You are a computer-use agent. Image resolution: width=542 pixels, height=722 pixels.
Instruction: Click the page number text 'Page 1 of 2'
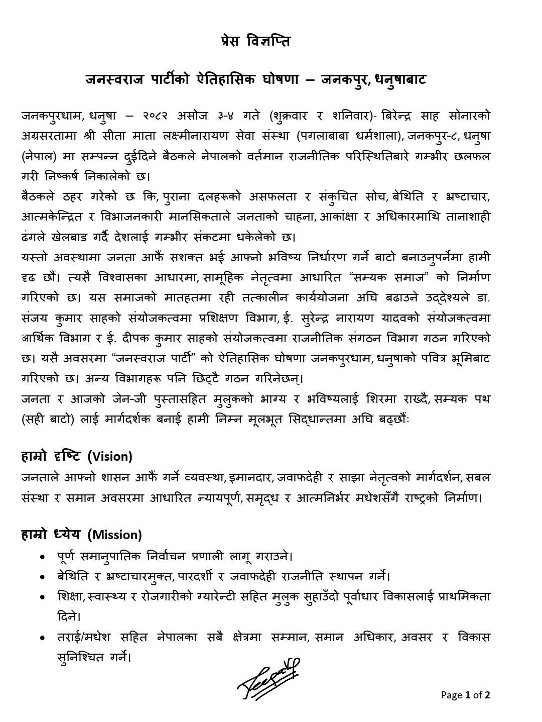pyautogui.click(x=465, y=695)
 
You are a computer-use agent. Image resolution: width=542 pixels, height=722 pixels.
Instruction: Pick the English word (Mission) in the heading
pyautogui.click(x=114, y=535)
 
